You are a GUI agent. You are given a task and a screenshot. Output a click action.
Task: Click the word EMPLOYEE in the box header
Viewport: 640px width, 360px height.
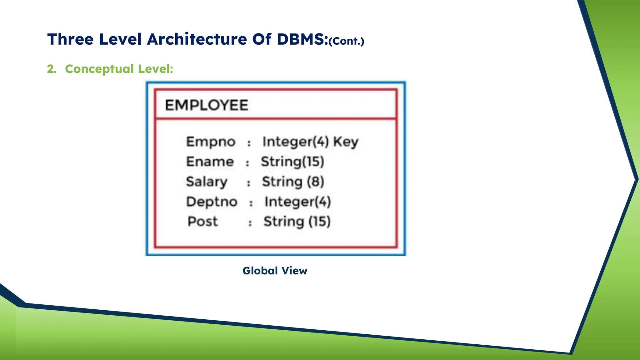pyautogui.click(x=207, y=105)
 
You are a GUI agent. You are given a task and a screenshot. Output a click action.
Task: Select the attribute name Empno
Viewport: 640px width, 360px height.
pyautogui.click(x=211, y=142)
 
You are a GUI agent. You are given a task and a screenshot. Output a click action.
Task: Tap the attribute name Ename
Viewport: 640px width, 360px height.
pyautogui.click(x=210, y=162)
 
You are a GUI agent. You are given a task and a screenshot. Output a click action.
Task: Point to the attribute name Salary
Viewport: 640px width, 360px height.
pyautogui.click(x=207, y=182)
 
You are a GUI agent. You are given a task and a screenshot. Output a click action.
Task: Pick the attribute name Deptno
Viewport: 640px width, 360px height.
pyautogui.click(x=212, y=202)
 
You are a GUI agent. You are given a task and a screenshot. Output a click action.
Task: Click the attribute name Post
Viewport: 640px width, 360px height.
pyautogui.click(x=202, y=222)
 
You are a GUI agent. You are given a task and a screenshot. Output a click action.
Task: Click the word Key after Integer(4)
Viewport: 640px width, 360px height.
pyautogui.click(x=346, y=142)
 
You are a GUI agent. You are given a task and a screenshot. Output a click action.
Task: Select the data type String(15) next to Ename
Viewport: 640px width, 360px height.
pyautogui.click(x=292, y=162)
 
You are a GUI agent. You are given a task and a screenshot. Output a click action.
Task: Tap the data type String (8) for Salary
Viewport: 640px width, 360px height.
pyautogui.click(x=293, y=182)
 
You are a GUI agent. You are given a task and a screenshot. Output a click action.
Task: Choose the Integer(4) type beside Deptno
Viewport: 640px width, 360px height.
pyautogui.click(x=297, y=202)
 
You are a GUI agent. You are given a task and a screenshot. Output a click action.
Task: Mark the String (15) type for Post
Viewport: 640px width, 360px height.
pyautogui.click(x=297, y=222)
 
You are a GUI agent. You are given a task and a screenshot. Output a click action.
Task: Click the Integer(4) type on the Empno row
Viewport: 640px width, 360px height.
pyautogui.click(x=296, y=142)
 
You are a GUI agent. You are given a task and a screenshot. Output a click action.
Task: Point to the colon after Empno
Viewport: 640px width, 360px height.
pyautogui.click(x=249, y=143)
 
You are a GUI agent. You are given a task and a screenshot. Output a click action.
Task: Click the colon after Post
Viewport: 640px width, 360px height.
pyautogui.click(x=250, y=223)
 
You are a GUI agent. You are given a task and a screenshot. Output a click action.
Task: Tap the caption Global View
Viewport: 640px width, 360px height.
pyautogui.click(x=275, y=271)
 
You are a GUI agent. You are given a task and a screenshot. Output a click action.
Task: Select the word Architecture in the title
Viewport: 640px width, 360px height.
pyautogui.click(x=197, y=39)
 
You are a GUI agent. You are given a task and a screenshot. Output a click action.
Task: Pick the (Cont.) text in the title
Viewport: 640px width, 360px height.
pyautogui.click(x=347, y=41)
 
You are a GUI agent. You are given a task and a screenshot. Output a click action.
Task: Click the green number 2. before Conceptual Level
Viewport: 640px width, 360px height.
pyautogui.click(x=52, y=69)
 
